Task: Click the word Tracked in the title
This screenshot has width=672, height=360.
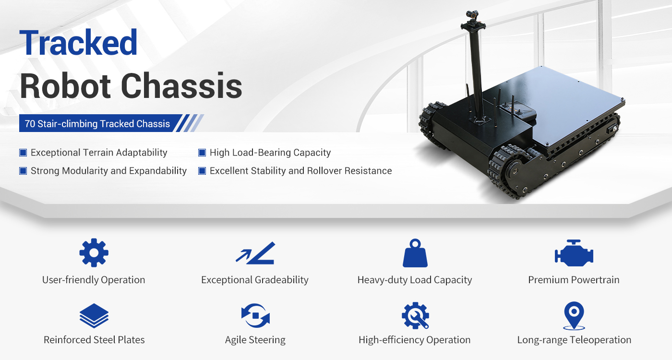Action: [x=79, y=43]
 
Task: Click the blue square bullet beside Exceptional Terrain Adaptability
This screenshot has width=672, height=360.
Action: [x=23, y=153]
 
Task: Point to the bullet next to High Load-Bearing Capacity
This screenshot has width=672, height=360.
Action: [x=202, y=153]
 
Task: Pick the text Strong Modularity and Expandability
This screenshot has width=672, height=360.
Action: [x=108, y=171]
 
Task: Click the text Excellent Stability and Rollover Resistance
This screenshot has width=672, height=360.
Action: [x=300, y=171]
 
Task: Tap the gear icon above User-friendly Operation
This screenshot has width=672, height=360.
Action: [x=94, y=252]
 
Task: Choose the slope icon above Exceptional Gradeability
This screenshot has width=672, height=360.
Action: [x=255, y=253]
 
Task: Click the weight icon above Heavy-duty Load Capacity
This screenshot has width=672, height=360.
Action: [x=415, y=253]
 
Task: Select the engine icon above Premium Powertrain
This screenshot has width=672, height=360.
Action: [x=574, y=253]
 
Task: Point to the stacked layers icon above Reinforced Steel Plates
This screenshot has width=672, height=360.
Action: [x=94, y=316]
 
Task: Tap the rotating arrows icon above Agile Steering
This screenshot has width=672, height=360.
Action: [x=255, y=316]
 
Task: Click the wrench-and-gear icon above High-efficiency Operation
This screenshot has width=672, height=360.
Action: [x=415, y=316]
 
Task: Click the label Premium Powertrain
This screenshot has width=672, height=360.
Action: [x=574, y=280]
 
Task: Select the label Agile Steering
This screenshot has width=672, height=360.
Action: [x=255, y=340]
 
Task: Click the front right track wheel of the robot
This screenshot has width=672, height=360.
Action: [x=510, y=170]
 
